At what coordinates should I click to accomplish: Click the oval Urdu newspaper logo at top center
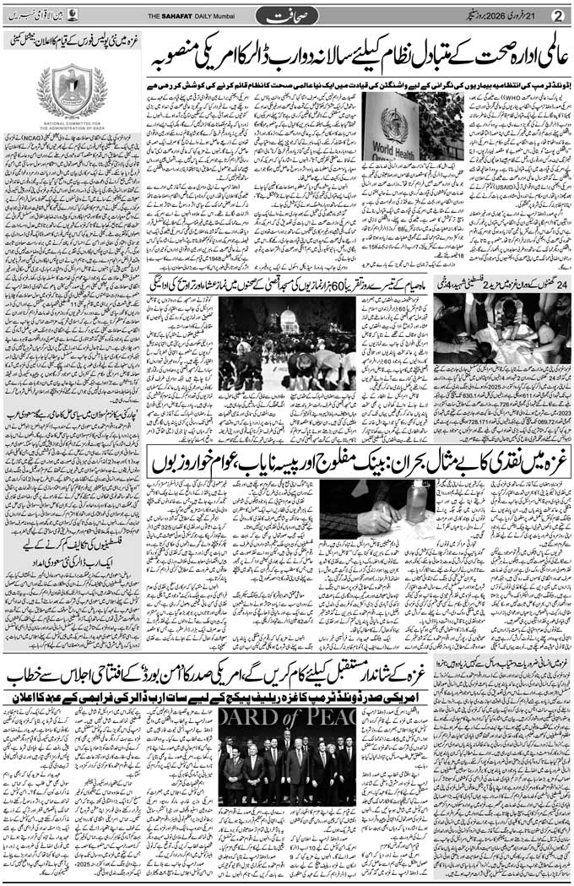point(287,16)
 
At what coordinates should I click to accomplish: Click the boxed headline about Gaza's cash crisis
point(355,461)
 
